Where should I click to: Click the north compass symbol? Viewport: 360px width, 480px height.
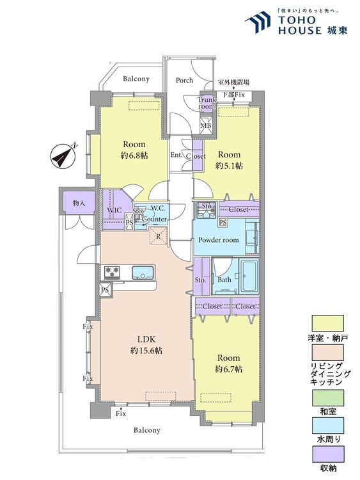(63, 156)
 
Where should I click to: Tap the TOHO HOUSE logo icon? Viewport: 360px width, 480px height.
(258, 22)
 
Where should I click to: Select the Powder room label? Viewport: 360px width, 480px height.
(219, 240)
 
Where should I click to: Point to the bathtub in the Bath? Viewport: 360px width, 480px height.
(249, 276)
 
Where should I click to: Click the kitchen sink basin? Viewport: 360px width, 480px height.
(143, 272)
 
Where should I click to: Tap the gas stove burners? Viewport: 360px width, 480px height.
(112, 272)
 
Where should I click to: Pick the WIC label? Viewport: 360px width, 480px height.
(114, 211)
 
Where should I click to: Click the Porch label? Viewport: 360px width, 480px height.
(184, 80)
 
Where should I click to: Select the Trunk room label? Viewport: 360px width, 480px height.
(207, 103)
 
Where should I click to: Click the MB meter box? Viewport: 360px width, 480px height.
(205, 126)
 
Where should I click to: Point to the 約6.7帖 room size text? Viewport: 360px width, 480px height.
(228, 369)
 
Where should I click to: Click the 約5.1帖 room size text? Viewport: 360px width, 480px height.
(229, 166)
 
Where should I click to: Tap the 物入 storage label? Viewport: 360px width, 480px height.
(79, 203)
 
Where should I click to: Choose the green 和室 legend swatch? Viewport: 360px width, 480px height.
(327, 397)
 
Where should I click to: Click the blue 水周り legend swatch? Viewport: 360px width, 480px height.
(327, 426)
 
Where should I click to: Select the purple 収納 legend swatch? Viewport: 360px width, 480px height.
(327, 454)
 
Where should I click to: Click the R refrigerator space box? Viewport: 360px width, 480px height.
(159, 236)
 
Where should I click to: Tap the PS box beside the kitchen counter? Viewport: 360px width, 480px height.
(105, 289)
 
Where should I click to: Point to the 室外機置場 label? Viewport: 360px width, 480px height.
(233, 82)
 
